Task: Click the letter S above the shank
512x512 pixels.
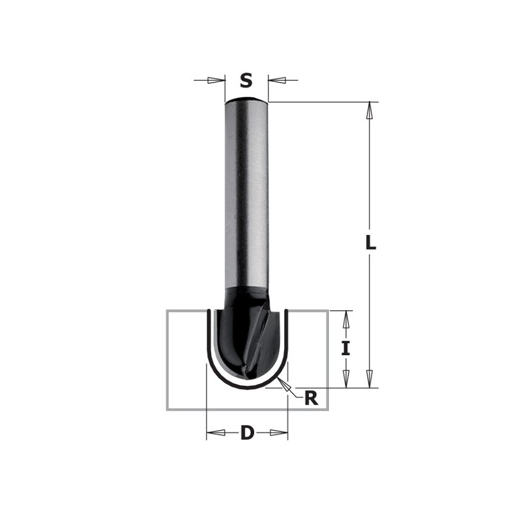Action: [246, 81]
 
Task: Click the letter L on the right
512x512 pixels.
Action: [371, 243]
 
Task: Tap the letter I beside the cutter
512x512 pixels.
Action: [346, 349]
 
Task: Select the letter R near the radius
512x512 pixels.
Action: [311, 398]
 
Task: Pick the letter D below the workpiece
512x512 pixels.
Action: [247, 433]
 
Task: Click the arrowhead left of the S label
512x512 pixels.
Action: [218, 81]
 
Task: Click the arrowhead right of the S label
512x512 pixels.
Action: [276, 81]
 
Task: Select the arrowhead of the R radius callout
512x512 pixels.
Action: [286, 385]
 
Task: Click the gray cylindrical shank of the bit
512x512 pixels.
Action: [246, 192]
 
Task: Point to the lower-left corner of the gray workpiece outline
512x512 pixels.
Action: [167, 409]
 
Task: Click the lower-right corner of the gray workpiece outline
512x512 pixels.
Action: [328, 409]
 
